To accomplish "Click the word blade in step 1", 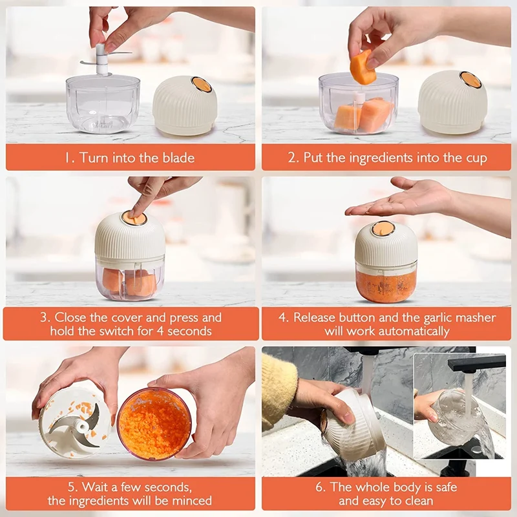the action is [178, 158].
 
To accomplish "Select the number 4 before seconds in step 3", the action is [160, 331].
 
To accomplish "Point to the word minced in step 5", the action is [192, 500].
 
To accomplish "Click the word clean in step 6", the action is [417, 501].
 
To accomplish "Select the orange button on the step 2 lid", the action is [470, 79].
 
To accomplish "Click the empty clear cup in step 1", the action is [103, 104].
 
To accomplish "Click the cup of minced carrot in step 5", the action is [154, 425].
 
